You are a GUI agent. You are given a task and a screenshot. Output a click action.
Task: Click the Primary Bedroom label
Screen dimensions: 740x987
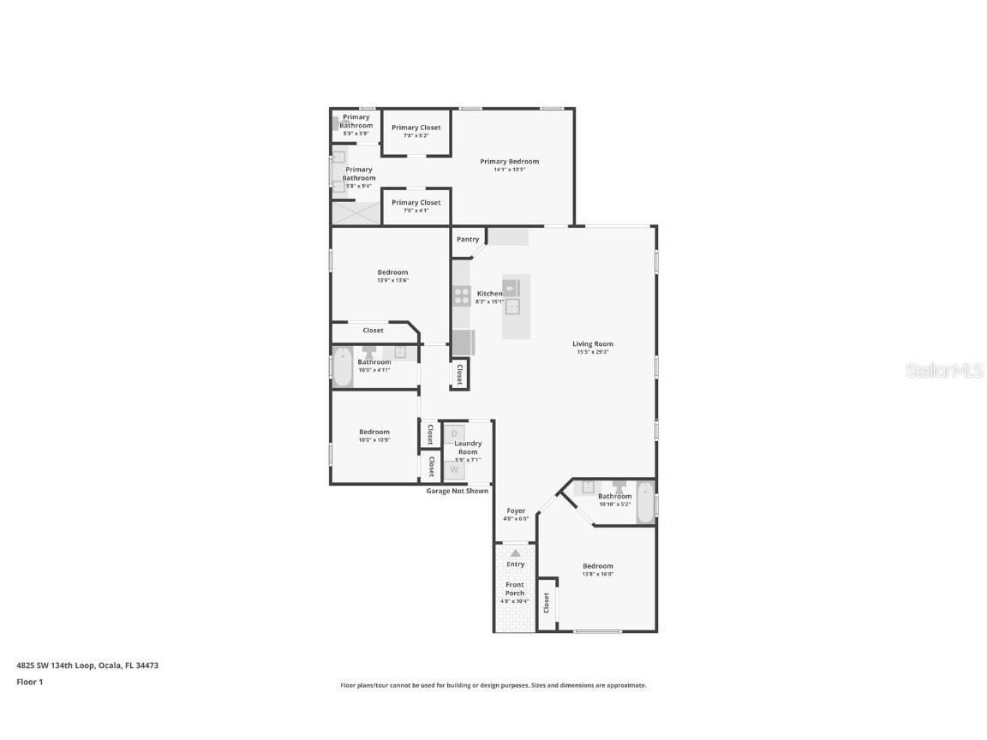[509, 162]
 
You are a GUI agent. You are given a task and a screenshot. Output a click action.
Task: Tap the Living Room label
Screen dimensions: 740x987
[593, 344]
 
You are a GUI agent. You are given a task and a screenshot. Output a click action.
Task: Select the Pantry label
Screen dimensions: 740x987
[468, 240]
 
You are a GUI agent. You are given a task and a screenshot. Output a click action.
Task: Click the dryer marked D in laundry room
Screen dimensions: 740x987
[454, 433]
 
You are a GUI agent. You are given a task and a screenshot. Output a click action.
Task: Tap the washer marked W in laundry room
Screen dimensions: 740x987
[454, 469]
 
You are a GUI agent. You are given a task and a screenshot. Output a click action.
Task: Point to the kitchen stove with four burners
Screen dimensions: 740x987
[462, 296]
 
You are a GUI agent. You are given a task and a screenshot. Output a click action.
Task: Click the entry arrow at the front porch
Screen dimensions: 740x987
[515, 553]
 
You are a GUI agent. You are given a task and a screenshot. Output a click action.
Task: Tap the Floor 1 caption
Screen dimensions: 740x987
[29, 683]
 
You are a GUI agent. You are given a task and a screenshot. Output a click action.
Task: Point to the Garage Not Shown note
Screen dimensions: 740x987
[458, 491]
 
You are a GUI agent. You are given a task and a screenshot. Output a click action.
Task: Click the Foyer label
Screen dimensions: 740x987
[516, 511]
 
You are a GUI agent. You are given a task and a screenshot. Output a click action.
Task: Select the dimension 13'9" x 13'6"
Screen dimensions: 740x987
[392, 280]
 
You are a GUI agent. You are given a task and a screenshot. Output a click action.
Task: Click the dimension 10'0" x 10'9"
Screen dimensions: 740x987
[374, 440]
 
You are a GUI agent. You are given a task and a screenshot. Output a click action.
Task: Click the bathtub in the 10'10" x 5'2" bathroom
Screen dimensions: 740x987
[645, 501]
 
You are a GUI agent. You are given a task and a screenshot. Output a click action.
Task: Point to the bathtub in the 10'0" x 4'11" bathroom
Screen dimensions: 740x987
[343, 367]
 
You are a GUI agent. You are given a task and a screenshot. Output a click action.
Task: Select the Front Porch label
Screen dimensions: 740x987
[515, 588]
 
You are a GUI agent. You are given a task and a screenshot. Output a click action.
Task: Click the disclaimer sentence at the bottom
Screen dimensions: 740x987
[493, 685]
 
